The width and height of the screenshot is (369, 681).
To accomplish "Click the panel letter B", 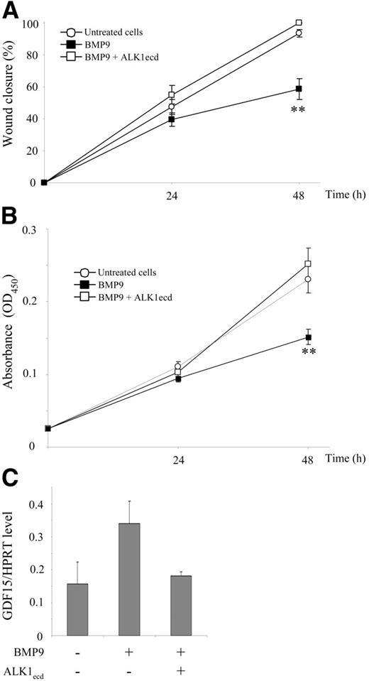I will pyautogui.click(x=10, y=212).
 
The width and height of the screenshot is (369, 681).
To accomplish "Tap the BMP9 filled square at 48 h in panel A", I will pyautogui.click(x=299, y=89).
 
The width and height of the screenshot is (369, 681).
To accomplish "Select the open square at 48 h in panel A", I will pyautogui.click(x=299, y=23).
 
